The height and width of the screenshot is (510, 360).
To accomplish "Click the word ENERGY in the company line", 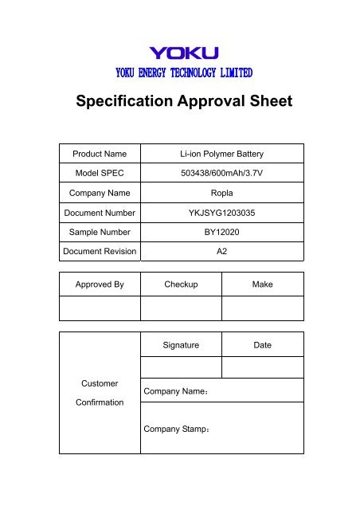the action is (x=153, y=73).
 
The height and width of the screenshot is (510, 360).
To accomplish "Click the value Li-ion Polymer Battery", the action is (x=221, y=153).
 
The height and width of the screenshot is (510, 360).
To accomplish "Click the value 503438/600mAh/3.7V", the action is (x=221, y=173).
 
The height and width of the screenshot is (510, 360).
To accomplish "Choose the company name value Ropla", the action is (x=221, y=193).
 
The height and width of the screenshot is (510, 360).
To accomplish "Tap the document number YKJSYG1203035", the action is (x=221, y=213).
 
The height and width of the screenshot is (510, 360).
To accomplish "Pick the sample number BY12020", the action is (x=221, y=233).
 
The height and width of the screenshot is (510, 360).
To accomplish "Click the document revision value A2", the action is (x=221, y=253).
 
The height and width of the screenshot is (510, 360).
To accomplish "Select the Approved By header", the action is (x=100, y=284).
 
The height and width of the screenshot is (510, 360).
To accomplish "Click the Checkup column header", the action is (x=181, y=284).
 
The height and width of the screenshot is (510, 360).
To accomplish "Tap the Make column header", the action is (x=262, y=284).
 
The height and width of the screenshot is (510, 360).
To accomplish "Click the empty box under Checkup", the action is (x=181, y=308).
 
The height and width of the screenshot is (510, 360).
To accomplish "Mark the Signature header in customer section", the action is (x=181, y=345).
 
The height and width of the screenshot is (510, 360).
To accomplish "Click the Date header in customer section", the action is (x=262, y=345).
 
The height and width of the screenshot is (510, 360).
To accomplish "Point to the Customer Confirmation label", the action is (x=100, y=393).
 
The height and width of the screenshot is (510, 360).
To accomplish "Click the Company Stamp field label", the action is (x=176, y=430).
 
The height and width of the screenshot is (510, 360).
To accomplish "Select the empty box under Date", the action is (x=262, y=367).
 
